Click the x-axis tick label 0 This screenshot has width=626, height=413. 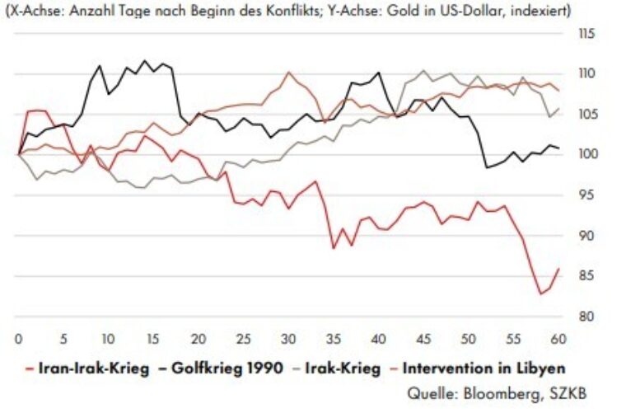[x=18, y=338]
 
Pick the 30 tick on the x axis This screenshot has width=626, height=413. [x=287, y=338]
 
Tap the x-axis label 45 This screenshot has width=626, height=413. [x=423, y=338]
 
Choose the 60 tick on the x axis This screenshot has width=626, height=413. [x=558, y=338]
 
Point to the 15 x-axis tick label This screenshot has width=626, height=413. [x=152, y=338]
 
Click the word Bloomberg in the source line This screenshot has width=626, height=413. [x=510, y=393]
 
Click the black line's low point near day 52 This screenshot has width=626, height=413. [x=486, y=167]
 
